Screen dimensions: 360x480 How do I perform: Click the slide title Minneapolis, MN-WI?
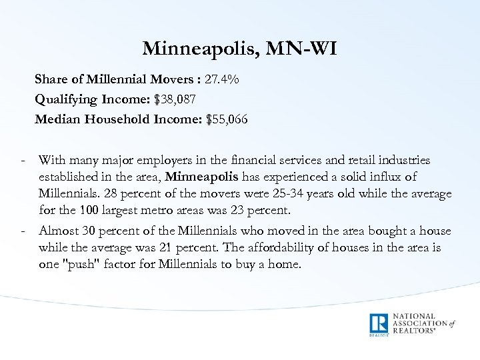240,49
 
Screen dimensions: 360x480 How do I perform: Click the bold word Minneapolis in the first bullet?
198,177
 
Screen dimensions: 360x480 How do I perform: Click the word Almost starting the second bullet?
59,231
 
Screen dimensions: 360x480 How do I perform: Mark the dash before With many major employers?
23,161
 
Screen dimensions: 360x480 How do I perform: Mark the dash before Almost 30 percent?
23,231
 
